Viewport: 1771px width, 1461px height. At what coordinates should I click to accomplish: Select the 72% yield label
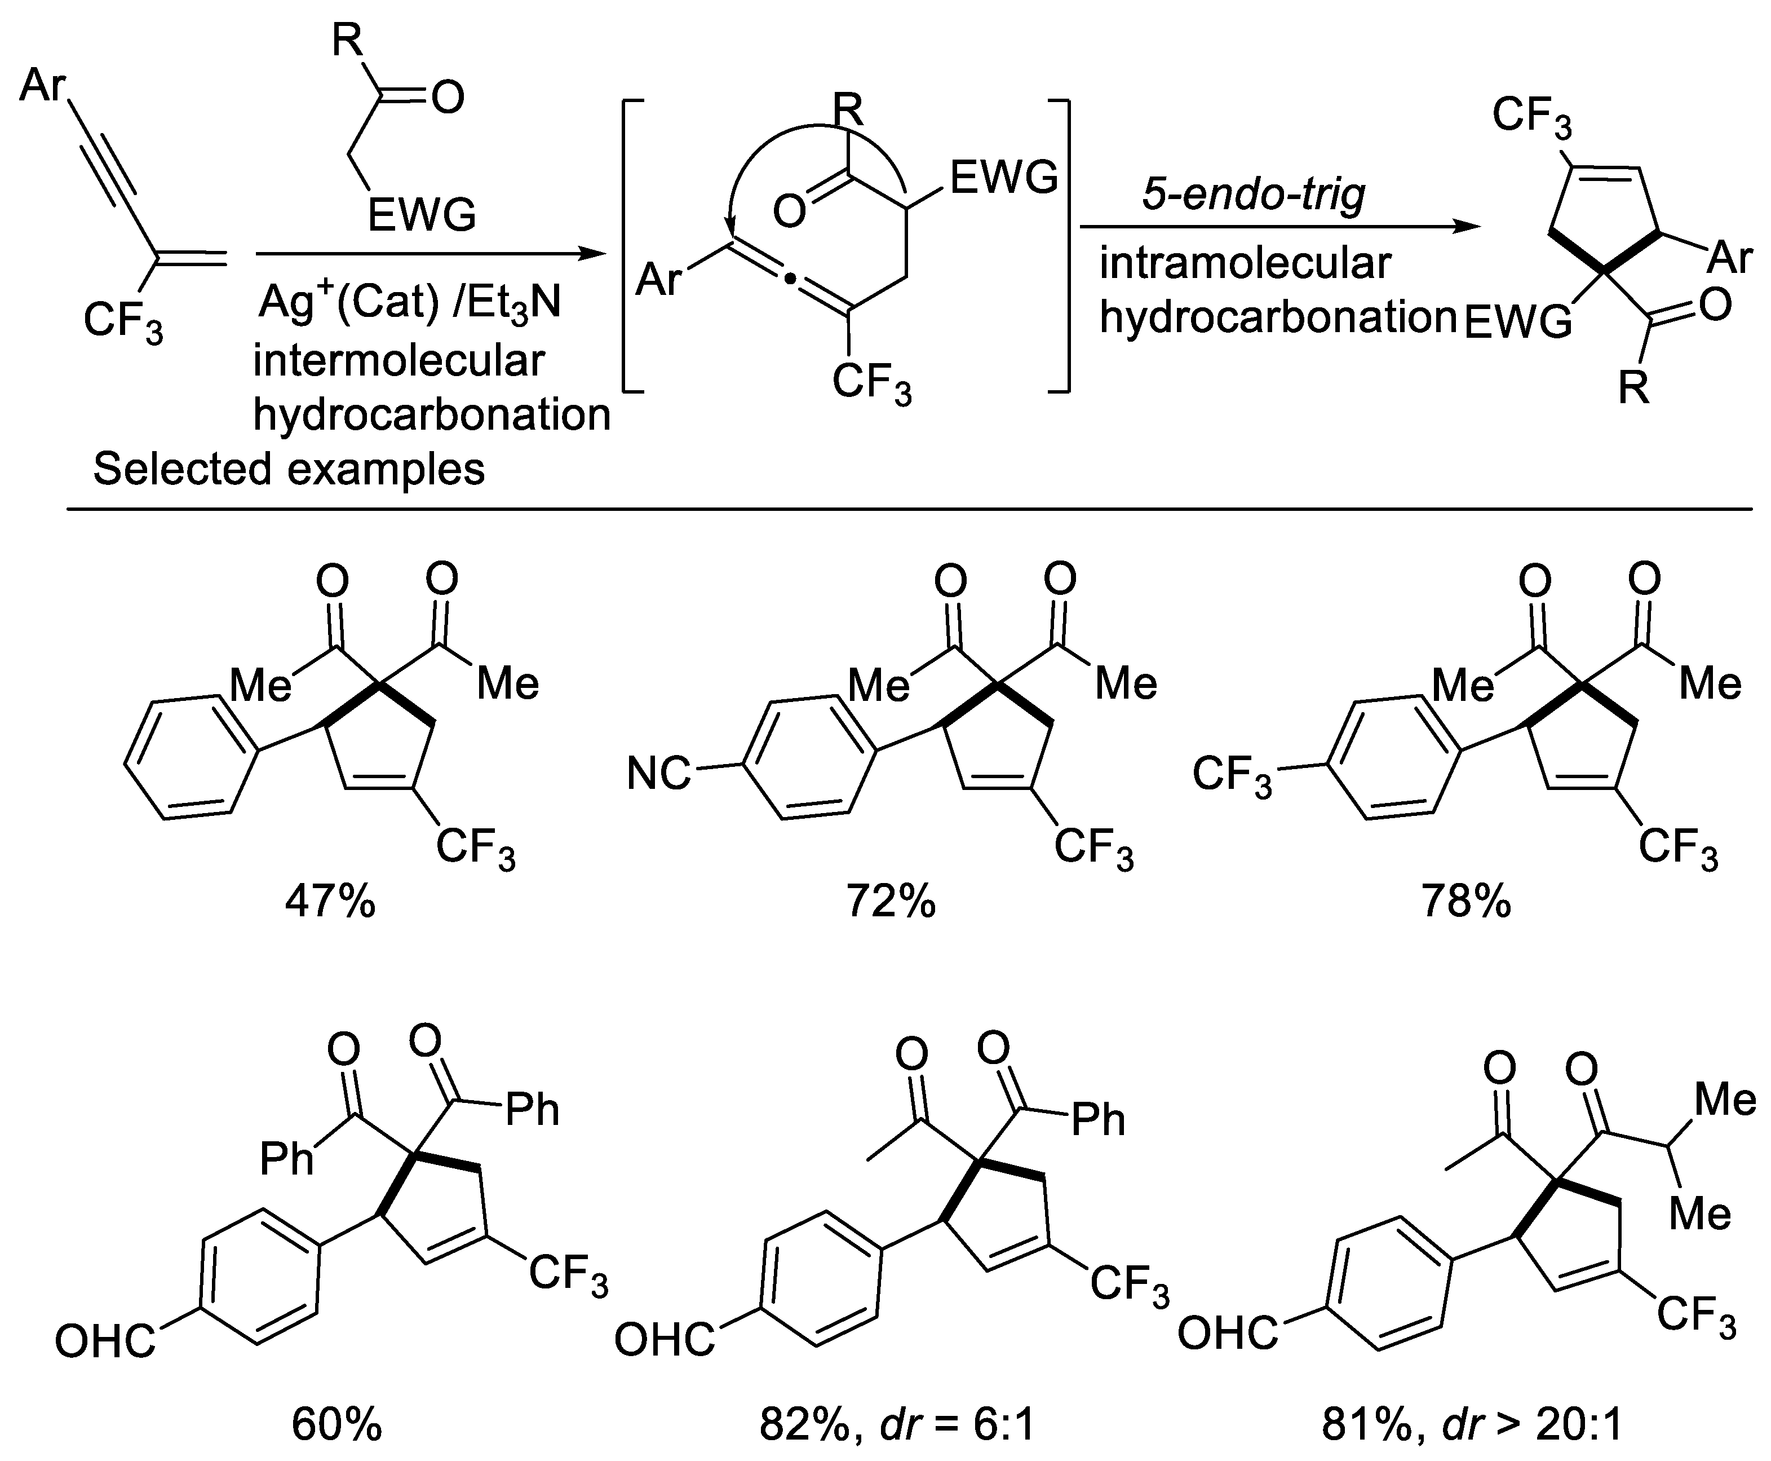(x=891, y=903)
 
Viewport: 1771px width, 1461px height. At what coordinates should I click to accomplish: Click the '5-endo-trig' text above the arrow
(x=1254, y=195)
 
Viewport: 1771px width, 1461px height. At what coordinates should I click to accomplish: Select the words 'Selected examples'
(x=289, y=469)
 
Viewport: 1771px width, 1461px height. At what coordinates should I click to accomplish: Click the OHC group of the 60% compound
(x=105, y=1341)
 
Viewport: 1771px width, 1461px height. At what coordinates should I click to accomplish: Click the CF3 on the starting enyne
(x=123, y=321)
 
